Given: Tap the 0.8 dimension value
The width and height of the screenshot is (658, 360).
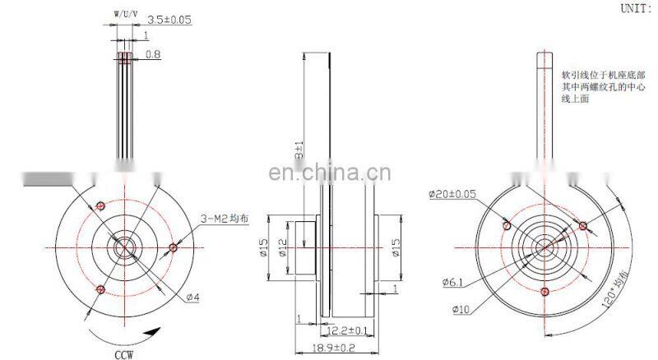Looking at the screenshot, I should point(152,55).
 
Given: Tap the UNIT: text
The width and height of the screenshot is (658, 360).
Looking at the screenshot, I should point(637,9).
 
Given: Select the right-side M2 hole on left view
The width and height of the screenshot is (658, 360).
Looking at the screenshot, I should point(172,247).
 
